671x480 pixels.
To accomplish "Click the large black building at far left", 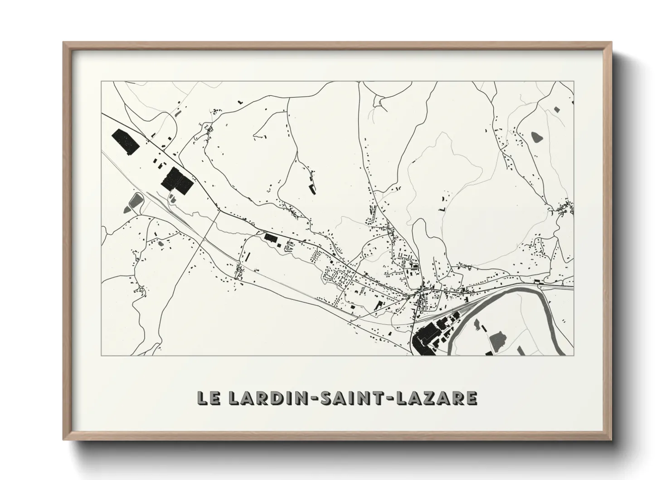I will pos(124,141).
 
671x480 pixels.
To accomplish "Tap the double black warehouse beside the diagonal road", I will pos(177,181).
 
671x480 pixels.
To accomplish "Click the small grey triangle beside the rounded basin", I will pos(172,198).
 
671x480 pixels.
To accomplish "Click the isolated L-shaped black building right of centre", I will pos(442,210).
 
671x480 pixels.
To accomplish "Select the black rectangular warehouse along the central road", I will pos(271,237).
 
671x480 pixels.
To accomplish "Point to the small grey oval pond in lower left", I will pos(160,244).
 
